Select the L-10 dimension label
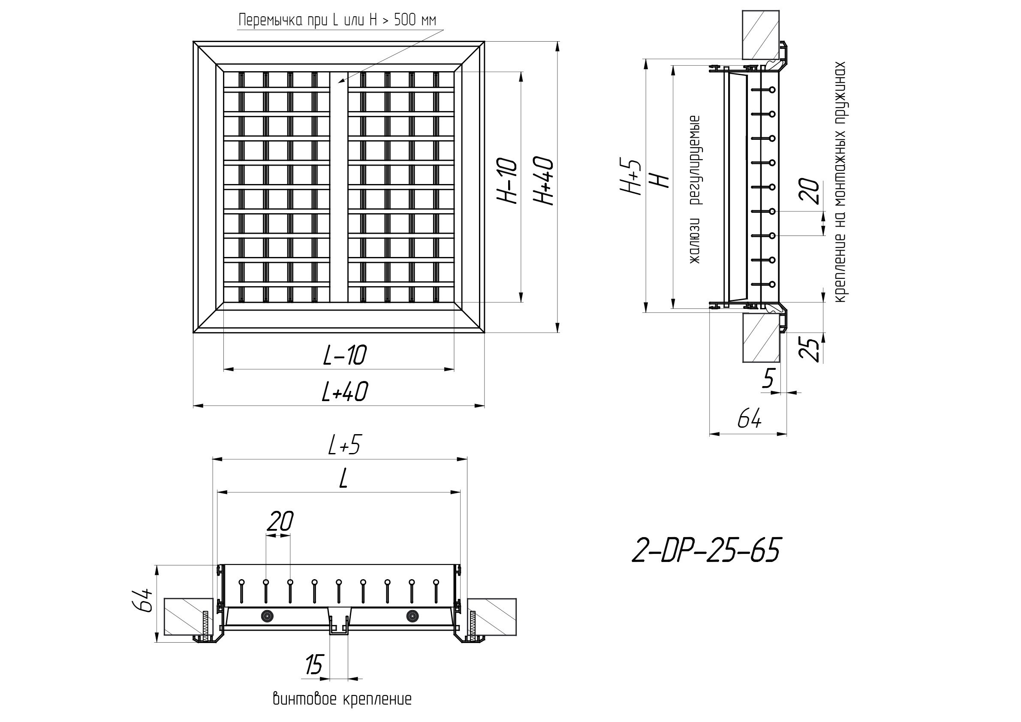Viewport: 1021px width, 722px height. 345,356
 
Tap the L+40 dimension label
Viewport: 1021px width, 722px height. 345,392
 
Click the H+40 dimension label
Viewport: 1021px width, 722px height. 543,181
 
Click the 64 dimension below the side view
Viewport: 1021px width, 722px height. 749,419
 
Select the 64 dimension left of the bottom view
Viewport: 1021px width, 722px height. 143,601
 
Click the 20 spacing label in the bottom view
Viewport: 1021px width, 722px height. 280,521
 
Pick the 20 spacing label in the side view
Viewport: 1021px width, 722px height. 808,191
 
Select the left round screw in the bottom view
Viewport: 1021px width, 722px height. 267,616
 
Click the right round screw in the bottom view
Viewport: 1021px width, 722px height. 413,616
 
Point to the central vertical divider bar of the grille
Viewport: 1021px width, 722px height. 339,187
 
